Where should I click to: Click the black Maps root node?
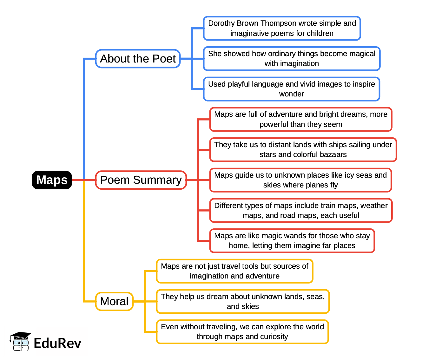(x=52, y=180)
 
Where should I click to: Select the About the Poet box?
(x=138, y=59)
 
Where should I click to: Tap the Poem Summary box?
(x=141, y=180)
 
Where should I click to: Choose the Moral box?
(x=114, y=301)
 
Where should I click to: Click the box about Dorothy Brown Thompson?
(x=282, y=28)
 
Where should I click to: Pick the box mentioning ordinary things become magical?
(x=292, y=59)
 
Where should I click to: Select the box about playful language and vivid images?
(x=291, y=89)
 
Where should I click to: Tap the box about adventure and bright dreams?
(x=300, y=119)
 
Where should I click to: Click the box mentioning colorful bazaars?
(x=303, y=150)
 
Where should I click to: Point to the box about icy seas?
(x=300, y=180)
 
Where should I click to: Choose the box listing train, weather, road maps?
(x=300, y=210)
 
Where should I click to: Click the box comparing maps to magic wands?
(x=292, y=241)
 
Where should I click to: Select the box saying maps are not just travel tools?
(x=234, y=271)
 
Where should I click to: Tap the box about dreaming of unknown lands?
(x=243, y=301)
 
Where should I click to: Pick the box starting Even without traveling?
(x=242, y=332)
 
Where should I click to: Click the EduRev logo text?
(x=57, y=343)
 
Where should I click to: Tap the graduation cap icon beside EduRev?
(x=21, y=341)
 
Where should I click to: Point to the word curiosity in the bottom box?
(x=274, y=337)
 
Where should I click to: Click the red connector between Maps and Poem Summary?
(x=84, y=180)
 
